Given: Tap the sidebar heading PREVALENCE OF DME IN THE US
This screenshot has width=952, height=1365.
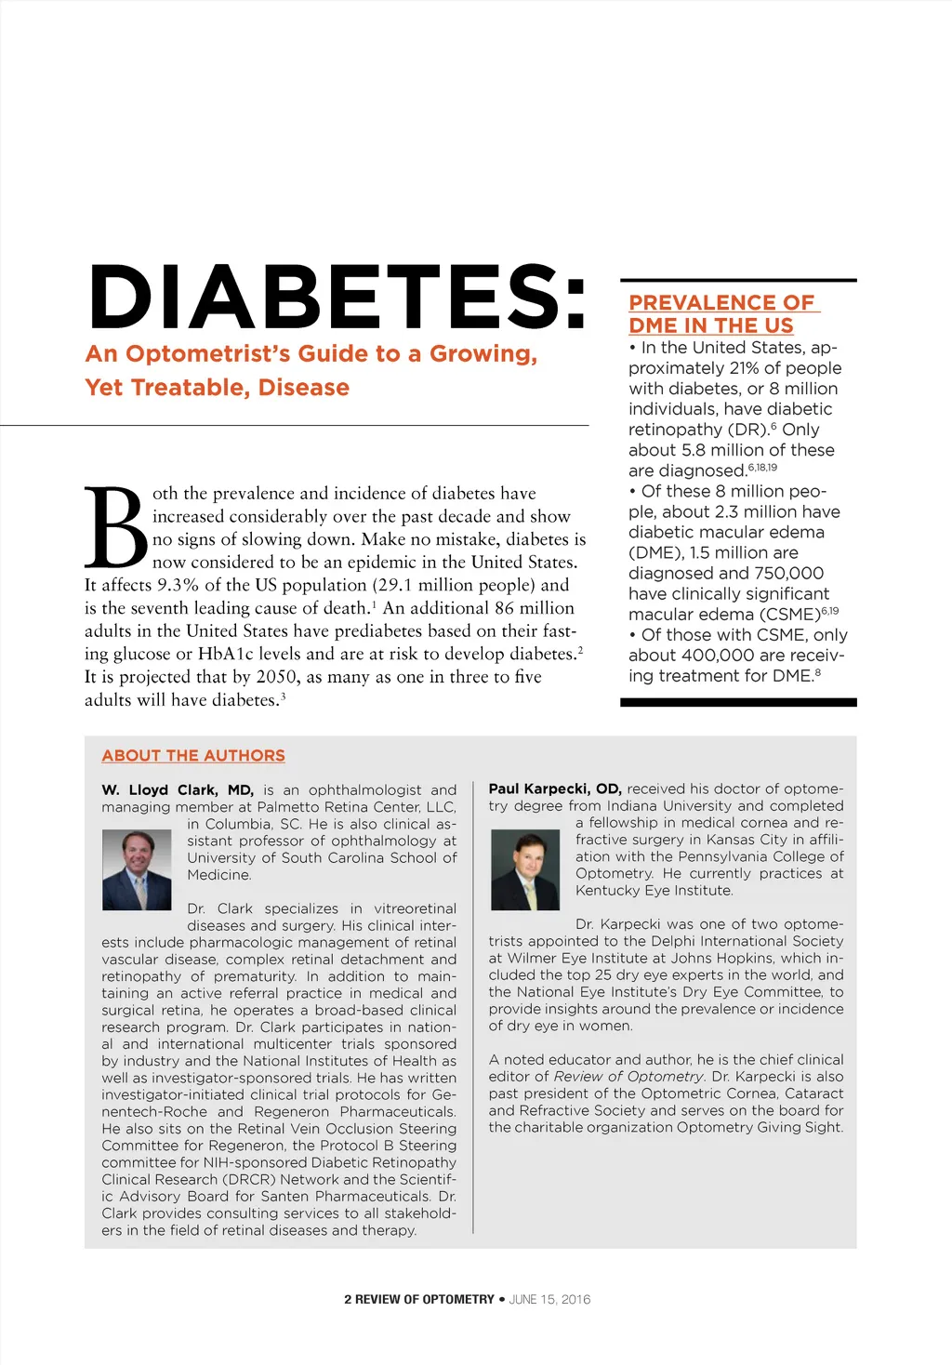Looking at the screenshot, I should coord(721,314).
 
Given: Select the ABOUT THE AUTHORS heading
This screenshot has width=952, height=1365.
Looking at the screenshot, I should coord(193,756).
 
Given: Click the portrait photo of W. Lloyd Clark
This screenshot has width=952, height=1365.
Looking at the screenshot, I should coord(137,869).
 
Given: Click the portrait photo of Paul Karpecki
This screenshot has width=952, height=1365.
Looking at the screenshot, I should coord(525,869).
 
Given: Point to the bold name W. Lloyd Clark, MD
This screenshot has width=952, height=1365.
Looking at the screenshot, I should coord(178,789).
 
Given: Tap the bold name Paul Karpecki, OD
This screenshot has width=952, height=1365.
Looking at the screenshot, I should coord(555,789).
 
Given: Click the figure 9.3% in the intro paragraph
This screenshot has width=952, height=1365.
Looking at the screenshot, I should coord(178,585).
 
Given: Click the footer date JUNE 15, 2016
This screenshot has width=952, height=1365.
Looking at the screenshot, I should coord(549,1299).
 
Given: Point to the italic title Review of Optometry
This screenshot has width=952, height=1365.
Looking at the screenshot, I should coord(629,1077).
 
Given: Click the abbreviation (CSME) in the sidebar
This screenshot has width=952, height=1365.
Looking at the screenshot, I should coord(786,615).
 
